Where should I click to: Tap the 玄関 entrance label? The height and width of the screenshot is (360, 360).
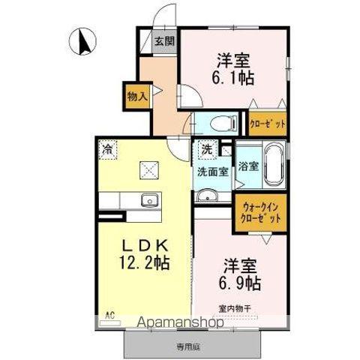[163, 42]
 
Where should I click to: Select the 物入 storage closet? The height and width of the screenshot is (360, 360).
[137, 96]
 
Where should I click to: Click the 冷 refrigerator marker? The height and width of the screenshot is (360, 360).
[107, 148]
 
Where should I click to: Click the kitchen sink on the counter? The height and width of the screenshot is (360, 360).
[149, 200]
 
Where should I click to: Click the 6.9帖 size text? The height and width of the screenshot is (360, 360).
[240, 283]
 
